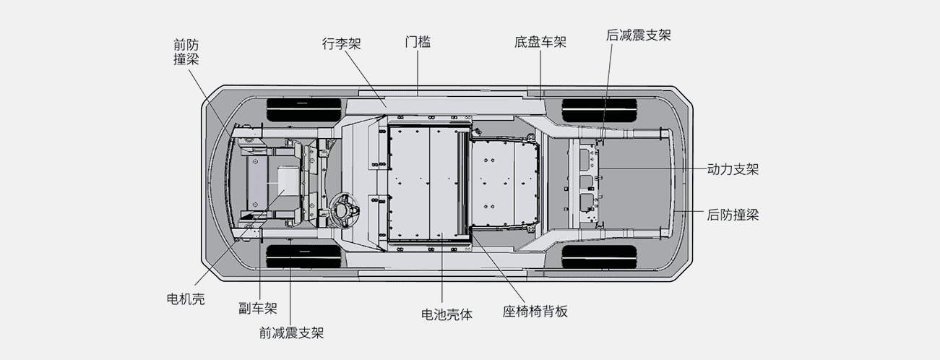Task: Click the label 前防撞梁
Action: (x=186, y=51)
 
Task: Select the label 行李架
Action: (x=341, y=43)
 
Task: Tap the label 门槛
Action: (x=418, y=43)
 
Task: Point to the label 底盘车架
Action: (x=540, y=43)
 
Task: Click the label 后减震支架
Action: (x=639, y=35)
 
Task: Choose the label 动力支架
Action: (x=733, y=169)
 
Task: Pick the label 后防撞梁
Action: (x=733, y=215)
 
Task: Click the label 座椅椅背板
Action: (x=535, y=312)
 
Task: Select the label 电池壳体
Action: (x=447, y=314)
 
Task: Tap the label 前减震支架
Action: (x=291, y=333)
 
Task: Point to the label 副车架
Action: (x=258, y=309)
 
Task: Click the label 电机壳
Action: (x=186, y=299)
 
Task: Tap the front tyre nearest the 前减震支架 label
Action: (x=303, y=257)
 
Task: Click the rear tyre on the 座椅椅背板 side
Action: (x=599, y=257)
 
